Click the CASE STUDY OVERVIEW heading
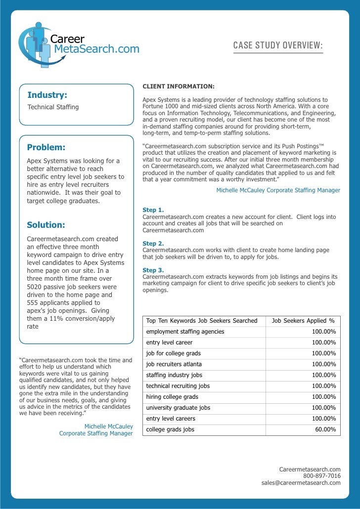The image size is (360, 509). pyautogui.click(x=278, y=46)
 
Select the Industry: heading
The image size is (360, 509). pyautogui.click(x=47, y=95)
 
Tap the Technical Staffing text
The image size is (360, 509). pyautogui.click(x=53, y=107)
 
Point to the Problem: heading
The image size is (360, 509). pyautogui.click(x=46, y=147)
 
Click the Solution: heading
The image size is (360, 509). pyautogui.click(x=46, y=225)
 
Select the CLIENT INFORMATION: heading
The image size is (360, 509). pyautogui.click(x=179, y=86)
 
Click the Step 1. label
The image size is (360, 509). pyautogui.click(x=153, y=210)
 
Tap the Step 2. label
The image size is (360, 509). pyautogui.click(x=153, y=244)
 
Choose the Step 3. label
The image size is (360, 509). pyautogui.click(x=153, y=270)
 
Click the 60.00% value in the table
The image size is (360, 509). pyautogui.click(x=325, y=429)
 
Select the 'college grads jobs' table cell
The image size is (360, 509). pyautogui.click(x=170, y=429)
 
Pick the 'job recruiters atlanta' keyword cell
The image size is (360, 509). pyautogui.click(x=174, y=364)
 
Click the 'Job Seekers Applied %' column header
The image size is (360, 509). pyautogui.click(x=303, y=321)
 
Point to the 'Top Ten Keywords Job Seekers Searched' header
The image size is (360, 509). pyautogui.click(x=202, y=321)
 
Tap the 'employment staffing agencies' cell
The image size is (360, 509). pyautogui.click(x=185, y=332)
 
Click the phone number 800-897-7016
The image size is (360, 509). pyautogui.click(x=321, y=476)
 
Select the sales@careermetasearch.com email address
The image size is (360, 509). pyautogui.click(x=301, y=483)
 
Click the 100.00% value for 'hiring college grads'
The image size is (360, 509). pyautogui.click(x=324, y=397)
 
